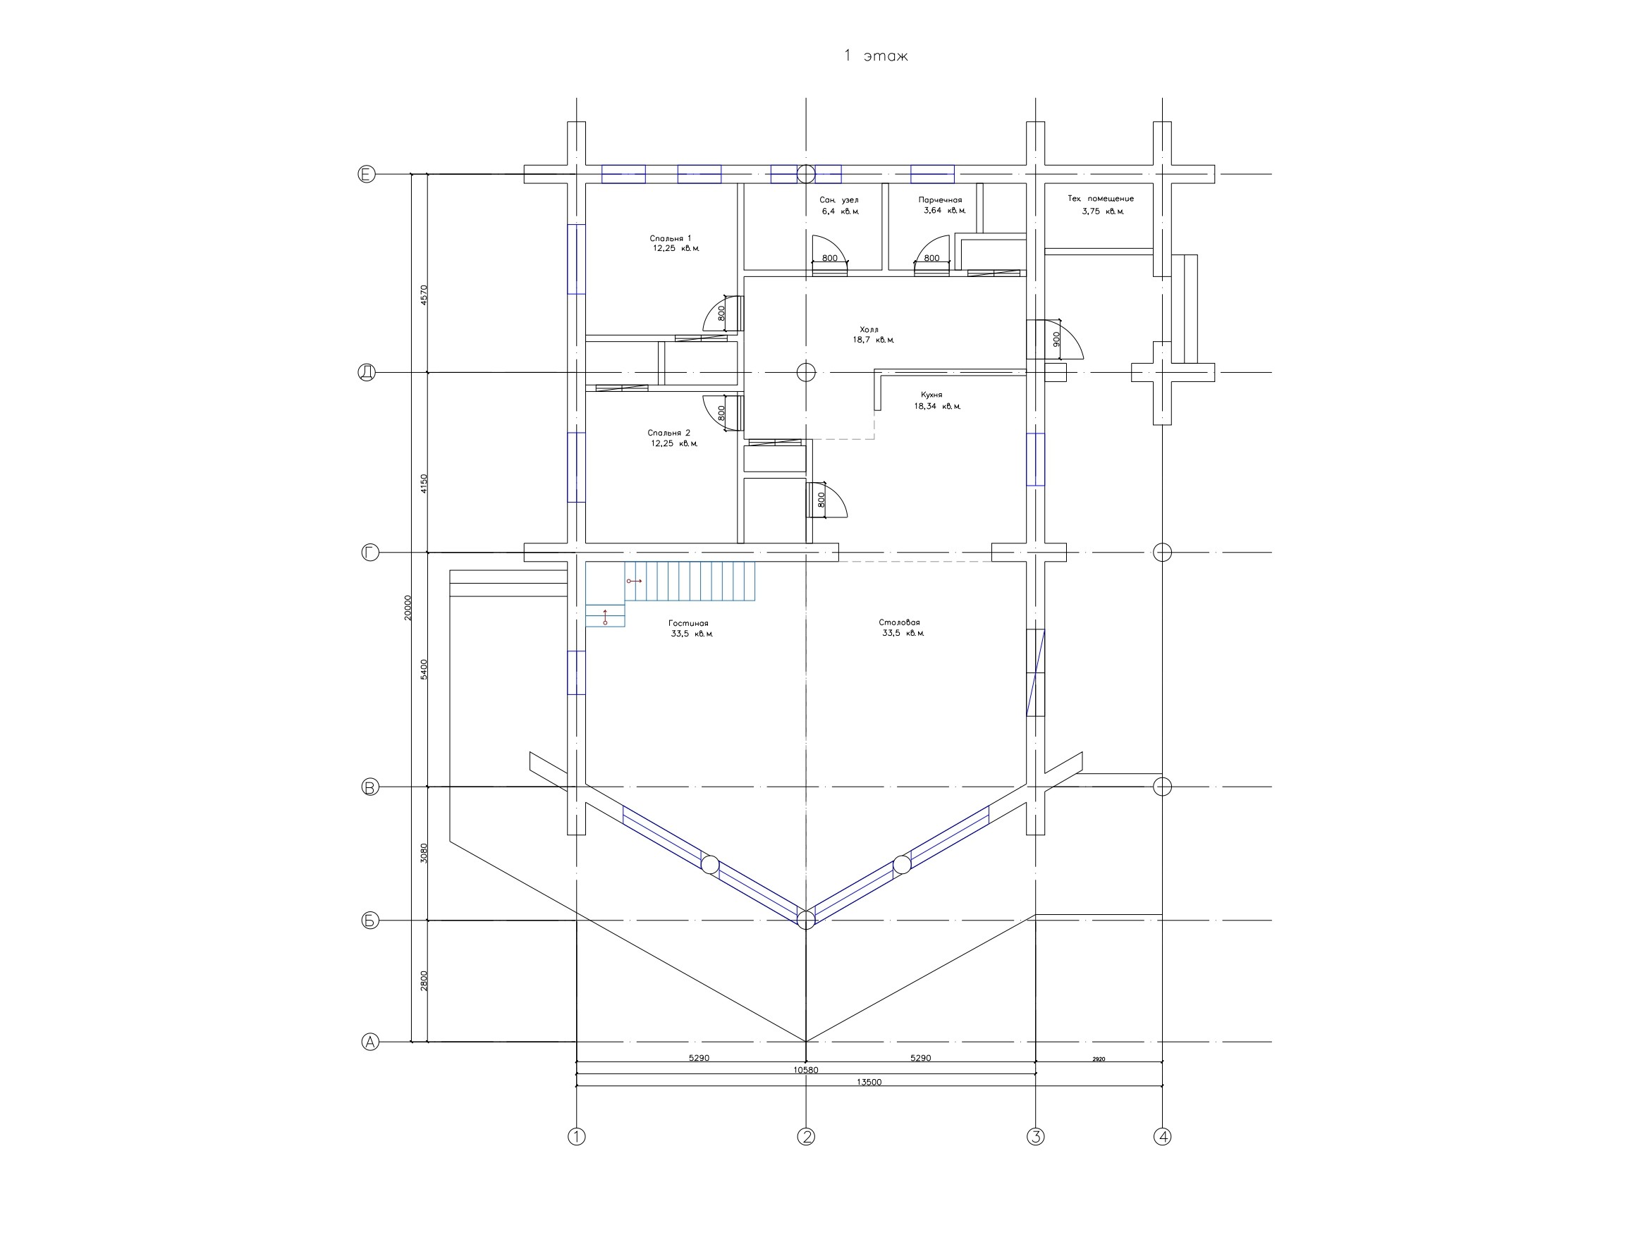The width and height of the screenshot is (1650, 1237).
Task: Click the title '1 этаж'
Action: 875,56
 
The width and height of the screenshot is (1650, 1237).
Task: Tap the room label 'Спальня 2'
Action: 668,433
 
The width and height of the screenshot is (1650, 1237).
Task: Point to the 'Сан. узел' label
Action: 838,201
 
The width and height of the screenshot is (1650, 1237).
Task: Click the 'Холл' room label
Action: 869,330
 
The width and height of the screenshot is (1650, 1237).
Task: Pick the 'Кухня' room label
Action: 931,395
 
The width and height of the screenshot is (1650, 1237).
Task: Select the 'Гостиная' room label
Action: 687,623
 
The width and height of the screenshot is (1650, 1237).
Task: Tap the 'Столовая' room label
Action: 899,622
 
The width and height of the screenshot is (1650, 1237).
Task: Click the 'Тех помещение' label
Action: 1100,199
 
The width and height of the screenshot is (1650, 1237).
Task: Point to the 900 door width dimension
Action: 1056,339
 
